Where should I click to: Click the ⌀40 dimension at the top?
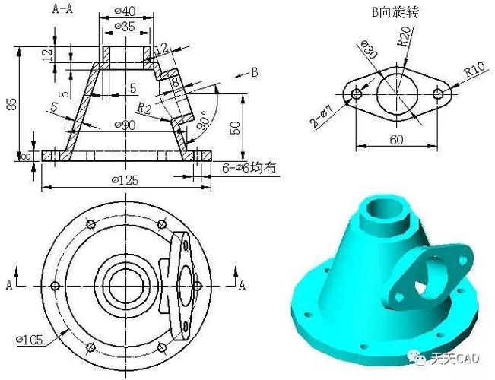coord(125,11)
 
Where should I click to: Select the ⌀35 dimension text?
coord(125,26)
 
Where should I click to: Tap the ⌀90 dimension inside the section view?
coord(125,124)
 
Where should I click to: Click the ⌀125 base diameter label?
coord(125,179)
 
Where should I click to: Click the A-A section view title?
coord(62,8)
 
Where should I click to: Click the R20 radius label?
coord(405,36)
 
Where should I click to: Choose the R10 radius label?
coord(475,71)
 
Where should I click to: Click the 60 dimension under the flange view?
coord(397,139)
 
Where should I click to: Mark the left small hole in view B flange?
coord(356,93)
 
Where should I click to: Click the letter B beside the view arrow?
coord(254,72)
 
